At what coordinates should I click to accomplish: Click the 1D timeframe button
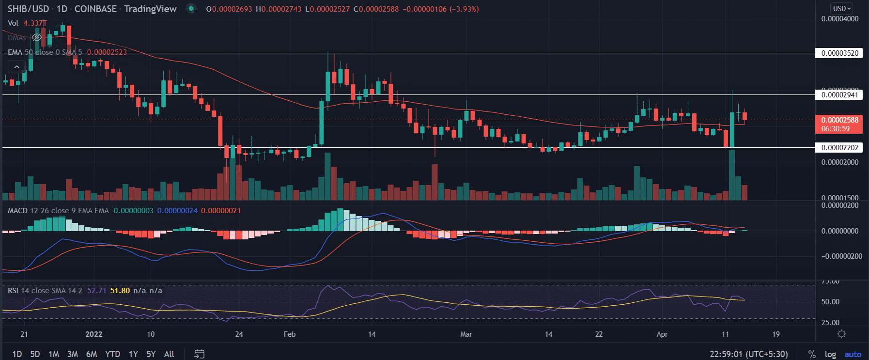pyautogui.click(x=17, y=354)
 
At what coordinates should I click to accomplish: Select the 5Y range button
pyautogui.click(x=151, y=354)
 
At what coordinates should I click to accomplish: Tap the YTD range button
pyautogui.click(x=113, y=354)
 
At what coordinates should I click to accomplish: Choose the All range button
pyautogui.click(x=169, y=354)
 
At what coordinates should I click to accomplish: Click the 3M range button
pyautogui.click(x=73, y=354)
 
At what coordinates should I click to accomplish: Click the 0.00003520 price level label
pyautogui.click(x=839, y=53)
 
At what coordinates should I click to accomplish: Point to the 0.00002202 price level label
pyautogui.click(x=839, y=147)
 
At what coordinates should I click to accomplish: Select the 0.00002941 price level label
pyautogui.click(x=839, y=94)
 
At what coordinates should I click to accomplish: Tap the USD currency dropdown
pyautogui.click(x=842, y=8)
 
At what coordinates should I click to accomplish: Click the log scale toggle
pyautogui.click(x=830, y=354)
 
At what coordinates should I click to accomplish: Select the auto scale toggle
pyautogui.click(x=853, y=354)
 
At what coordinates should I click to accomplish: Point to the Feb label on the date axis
pyautogui.click(x=290, y=334)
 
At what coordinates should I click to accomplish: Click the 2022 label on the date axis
pyautogui.click(x=94, y=334)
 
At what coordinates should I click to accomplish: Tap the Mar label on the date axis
pyautogui.click(x=466, y=334)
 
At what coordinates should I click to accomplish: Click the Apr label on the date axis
pyautogui.click(x=662, y=334)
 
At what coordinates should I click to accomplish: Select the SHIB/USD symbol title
pyautogui.click(x=28, y=9)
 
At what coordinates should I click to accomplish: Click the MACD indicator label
pyautogui.click(x=18, y=211)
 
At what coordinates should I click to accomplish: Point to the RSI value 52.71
pyautogui.click(x=97, y=291)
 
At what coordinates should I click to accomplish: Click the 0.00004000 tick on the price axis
pyautogui.click(x=839, y=19)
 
